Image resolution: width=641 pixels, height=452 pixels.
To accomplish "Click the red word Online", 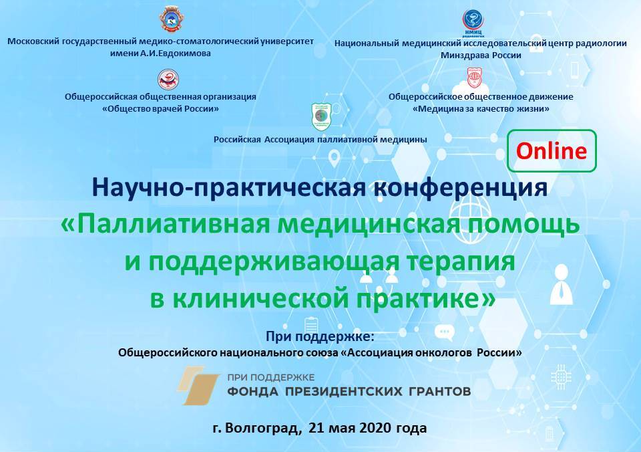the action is tap(551, 150).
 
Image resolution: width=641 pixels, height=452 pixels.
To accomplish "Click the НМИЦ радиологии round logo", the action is tap(473, 22).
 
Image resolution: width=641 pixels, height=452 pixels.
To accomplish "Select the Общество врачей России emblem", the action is tap(168, 79).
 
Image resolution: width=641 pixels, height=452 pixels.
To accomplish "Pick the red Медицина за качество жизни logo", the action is tap(475, 78).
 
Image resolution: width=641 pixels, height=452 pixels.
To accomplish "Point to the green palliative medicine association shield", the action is tap(322, 116).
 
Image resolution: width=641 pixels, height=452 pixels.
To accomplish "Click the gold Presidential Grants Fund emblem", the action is tap(199, 385).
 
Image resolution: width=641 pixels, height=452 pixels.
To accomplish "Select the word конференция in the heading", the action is tap(461, 187).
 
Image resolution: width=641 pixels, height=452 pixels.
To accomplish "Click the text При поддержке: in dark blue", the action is tap(320, 336).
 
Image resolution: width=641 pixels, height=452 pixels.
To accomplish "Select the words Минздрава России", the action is tap(481, 55).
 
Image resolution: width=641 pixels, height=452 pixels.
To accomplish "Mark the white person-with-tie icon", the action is tap(561, 285).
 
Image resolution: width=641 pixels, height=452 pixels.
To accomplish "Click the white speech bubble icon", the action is tap(445, 332).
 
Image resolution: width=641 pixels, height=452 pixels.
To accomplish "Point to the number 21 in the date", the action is tap(316, 428).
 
